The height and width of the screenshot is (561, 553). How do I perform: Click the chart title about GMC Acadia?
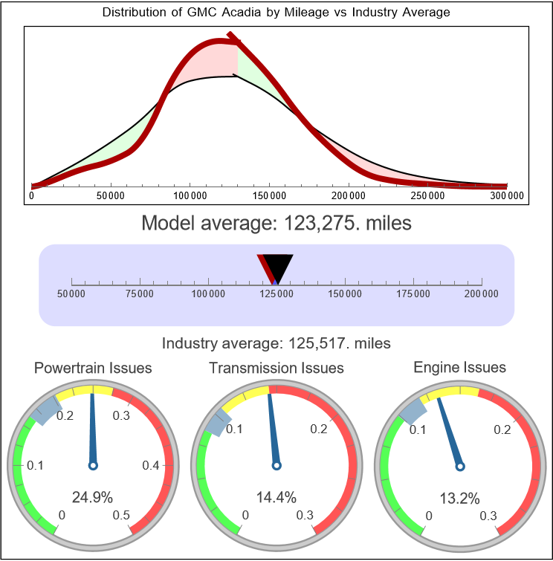pyautogui.click(x=276, y=13)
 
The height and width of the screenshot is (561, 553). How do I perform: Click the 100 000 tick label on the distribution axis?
pyautogui.click(x=190, y=196)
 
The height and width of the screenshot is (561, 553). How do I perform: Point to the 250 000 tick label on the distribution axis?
pyautogui.click(x=428, y=196)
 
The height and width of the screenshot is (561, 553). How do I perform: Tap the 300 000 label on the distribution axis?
pyautogui.click(x=508, y=196)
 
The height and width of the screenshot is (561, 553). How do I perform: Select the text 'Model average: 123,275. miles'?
pyautogui.click(x=276, y=223)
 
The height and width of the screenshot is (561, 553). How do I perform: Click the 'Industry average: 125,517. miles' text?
pyautogui.click(x=276, y=343)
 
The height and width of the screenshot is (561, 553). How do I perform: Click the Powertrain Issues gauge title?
pyautogui.click(x=93, y=368)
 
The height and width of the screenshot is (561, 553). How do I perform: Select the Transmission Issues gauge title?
pyautogui.click(x=276, y=368)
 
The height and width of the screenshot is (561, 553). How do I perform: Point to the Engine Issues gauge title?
pyautogui.click(x=459, y=368)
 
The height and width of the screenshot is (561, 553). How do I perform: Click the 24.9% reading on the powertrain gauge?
pyautogui.click(x=93, y=496)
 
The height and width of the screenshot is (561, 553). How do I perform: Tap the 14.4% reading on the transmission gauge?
pyautogui.click(x=276, y=496)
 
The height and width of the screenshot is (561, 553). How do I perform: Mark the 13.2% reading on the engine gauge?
pyautogui.click(x=459, y=496)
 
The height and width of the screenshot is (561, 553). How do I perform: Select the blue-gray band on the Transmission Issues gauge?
pyautogui.click(x=213, y=424)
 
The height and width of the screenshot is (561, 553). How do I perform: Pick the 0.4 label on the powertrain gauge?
pyautogui.click(x=150, y=466)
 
